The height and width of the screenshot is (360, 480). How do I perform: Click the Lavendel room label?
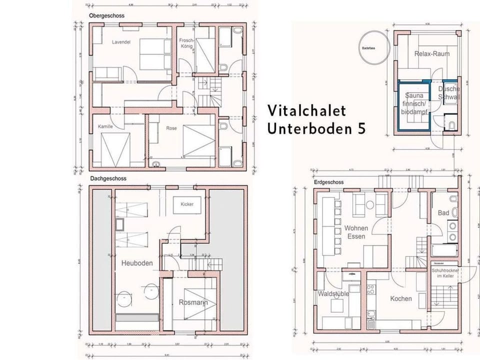click(121, 42)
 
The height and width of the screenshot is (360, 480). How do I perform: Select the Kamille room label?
click(105, 126)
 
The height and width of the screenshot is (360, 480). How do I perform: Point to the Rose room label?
click(171, 128)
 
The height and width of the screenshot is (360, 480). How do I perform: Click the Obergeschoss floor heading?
click(106, 16)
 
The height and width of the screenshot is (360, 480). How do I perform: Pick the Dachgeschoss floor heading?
click(108, 178)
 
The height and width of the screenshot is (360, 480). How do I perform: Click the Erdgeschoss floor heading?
click(327, 183)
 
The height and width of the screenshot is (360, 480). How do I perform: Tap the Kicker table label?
click(187, 204)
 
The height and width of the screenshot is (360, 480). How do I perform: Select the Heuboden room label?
click(136, 262)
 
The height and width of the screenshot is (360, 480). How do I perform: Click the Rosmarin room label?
click(192, 302)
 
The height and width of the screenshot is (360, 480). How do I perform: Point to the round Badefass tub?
click(372, 48)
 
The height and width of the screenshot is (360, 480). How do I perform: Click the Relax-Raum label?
click(431, 53)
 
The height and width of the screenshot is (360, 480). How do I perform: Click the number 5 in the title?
click(361, 128)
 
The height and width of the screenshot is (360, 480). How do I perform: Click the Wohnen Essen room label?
click(356, 232)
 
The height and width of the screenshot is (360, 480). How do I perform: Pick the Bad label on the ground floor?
click(443, 213)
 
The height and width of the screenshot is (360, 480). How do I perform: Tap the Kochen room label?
click(401, 298)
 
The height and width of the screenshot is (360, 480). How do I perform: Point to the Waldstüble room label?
click(333, 294)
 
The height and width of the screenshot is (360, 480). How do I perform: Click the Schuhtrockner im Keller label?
click(445, 273)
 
